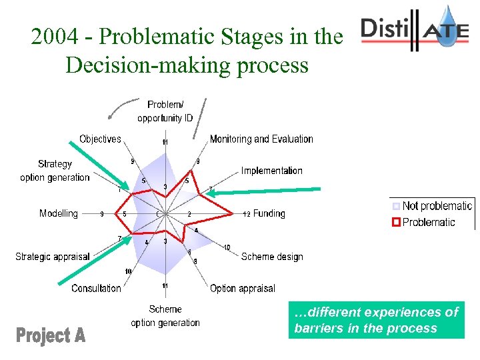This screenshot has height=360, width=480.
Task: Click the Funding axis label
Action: (x=269, y=214)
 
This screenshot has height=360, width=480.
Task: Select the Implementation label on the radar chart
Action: (x=271, y=171)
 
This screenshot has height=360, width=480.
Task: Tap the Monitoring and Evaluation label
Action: (x=261, y=139)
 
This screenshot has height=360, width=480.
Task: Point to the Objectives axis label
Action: (x=100, y=139)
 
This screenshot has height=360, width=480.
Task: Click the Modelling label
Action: (x=59, y=214)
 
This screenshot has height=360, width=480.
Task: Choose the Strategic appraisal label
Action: (x=52, y=257)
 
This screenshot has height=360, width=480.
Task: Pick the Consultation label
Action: (x=96, y=289)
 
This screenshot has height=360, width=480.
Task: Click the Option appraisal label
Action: (x=242, y=289)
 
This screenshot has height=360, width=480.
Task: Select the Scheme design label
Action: (x=271, y=257)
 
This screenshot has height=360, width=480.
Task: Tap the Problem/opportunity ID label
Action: (x=165, y=111)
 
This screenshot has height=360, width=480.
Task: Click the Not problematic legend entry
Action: (x=437, y=207)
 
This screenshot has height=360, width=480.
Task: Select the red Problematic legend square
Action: (x=396, y=222)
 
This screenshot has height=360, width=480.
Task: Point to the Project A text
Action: (x=51, y=335)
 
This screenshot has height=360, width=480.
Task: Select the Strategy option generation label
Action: (x=55, y=171)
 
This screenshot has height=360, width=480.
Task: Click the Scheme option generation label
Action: (x=165, y=316)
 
